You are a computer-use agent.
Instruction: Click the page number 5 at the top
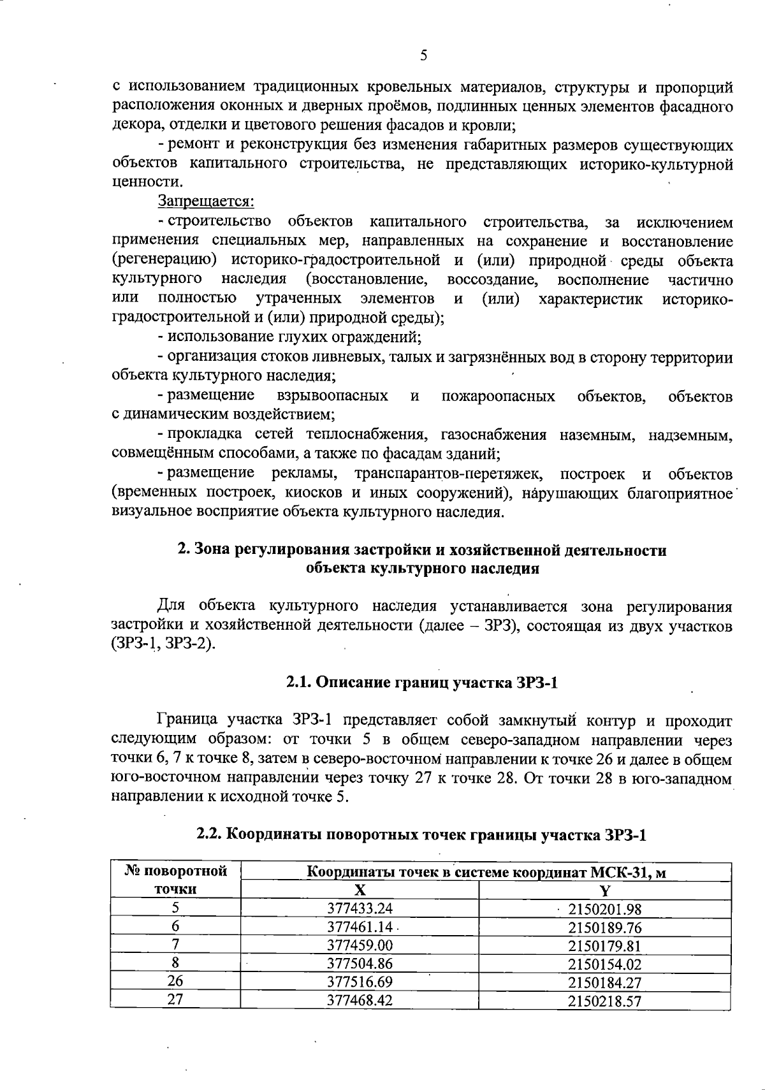(x=423, y=55)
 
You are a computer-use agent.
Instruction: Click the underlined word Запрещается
(x=206, y=202)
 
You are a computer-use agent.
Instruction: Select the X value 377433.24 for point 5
(x=359, y=908)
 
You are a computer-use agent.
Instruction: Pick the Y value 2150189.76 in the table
(x=604, y=927)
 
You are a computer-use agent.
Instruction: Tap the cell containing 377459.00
(x=359, y=945)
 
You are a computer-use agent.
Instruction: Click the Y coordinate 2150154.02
(x=604, y=964)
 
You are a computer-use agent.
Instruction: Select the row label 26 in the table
(x=175, y=982)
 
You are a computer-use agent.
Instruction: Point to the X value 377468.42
(x=359, y=1000)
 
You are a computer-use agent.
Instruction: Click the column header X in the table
(x=360, y=890)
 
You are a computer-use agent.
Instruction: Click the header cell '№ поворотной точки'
(x=175, y=880)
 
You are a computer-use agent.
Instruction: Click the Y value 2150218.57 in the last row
(x=604, y=1000)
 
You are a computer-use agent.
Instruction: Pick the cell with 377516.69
(x=359, y=982)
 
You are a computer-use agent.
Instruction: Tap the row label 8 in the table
(x=175, y=964)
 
